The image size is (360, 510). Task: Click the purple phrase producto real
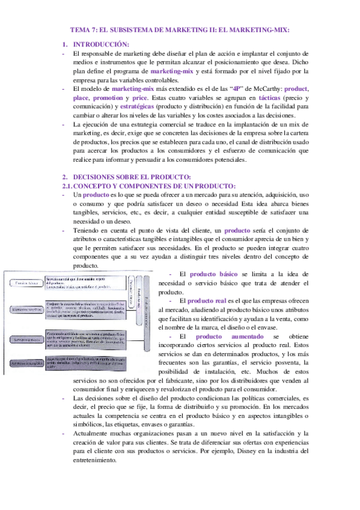click(207, 300)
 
